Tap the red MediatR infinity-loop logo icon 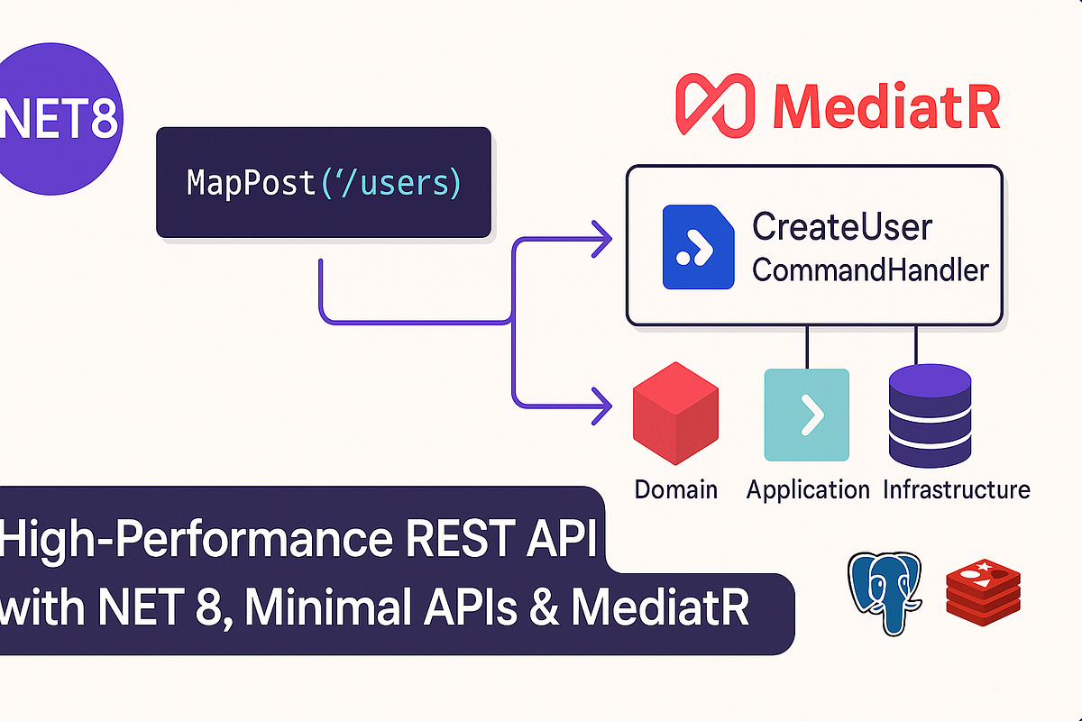(715, 105)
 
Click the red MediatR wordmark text (886, 106)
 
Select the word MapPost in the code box (251, 183)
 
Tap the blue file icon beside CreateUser (698, 247)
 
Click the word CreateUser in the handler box (842, 226)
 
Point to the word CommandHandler (870, 269)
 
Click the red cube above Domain (675, 414)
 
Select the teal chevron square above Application (807, 415)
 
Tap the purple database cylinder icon (930, 415)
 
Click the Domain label (675, 489)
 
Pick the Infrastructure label (957, 489)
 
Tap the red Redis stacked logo (983, 592)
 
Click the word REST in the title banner (456, 537)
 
